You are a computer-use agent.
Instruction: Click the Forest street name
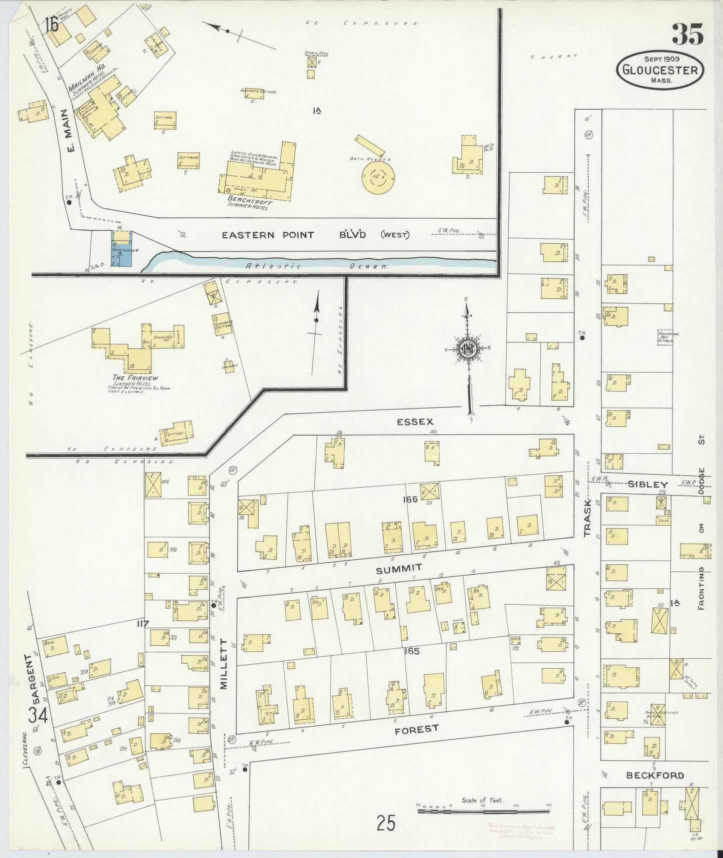(x=416, y=730)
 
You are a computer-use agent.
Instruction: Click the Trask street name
(x=587, y=518)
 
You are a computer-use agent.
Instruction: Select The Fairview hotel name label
(x=129, y=378)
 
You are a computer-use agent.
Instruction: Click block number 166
(x=409, y=499)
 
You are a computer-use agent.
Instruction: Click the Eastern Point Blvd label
(x=315, y=235)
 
